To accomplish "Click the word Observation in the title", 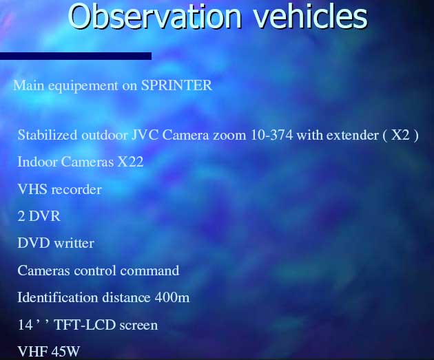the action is [x=155, y=16].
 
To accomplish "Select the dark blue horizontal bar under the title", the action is [x=76, y=56].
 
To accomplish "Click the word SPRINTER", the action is [x=176, y=85].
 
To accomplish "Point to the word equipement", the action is [x=83, y=86].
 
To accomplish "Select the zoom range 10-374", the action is [x=271, y=135].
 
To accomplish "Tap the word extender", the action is [x=352, y=135].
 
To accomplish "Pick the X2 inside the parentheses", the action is [x=400, y=135].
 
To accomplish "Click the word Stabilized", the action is [x=48, y=135].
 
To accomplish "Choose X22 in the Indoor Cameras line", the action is [x=130, y=162].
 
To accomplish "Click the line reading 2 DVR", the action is [x=39, y=216].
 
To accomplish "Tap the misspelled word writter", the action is [x=74, y=243].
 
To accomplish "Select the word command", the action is [x=149, y=270].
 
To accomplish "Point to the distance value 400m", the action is [x=172, y=297].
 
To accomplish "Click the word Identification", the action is [x=58, y=297].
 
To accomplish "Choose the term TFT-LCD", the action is [x=85, y=325].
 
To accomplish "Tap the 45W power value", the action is [x=65, y=351].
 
